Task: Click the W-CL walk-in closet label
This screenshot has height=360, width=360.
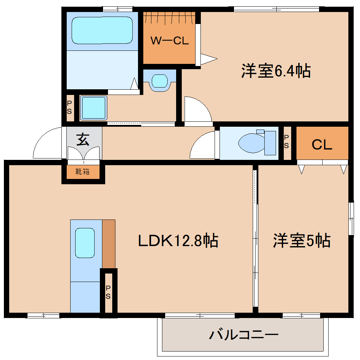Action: (x=170, y=41)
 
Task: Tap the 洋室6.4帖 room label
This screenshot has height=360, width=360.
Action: (x=276, y=71)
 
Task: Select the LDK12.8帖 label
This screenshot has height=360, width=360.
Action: (x=178, y=241)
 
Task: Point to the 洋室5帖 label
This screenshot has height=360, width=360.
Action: (x=301, y=241)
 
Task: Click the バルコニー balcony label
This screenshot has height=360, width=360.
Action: (x=244, y=334)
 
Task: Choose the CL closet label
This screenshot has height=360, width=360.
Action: (x=322, y=145)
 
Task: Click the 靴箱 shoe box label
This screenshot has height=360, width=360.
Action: (x=83, y=172)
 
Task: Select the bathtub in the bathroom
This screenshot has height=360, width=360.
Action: (x=102, y=30)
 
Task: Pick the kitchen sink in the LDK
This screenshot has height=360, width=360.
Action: (x=85, y=242)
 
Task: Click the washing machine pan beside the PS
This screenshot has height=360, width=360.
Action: (x=94, y=108)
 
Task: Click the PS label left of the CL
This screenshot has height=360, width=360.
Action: (x=287, y=142)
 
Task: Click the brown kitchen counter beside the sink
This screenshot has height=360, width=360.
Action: (x=108, y=244)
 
